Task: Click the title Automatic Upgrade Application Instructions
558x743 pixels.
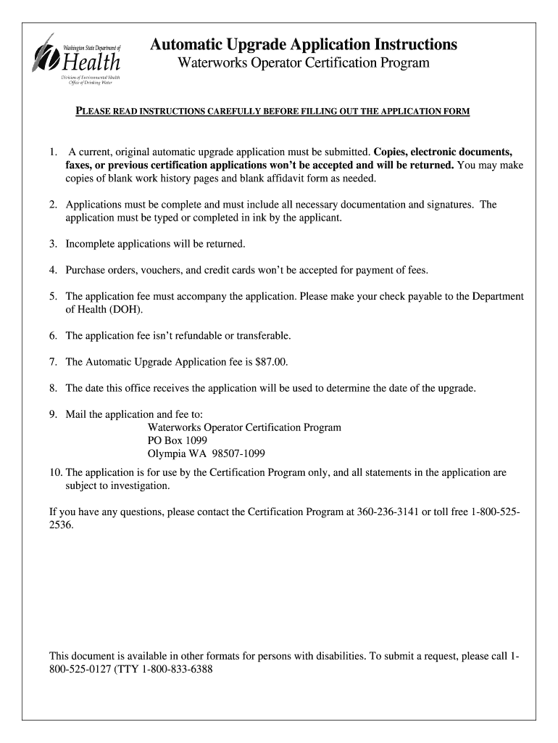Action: (x=303, y=45)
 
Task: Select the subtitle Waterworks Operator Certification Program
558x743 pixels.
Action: (x=304, y=64)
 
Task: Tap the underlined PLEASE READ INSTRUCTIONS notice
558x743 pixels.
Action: (x=273, y=111)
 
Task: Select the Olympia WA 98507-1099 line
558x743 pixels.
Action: (x=206, y=453)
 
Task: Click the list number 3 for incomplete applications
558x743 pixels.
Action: (x=53, y=244)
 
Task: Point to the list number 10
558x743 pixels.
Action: (x=55, y=472)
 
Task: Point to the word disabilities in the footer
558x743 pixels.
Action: (x=338, y=656)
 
